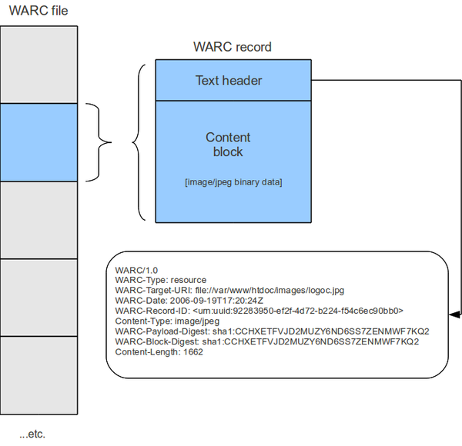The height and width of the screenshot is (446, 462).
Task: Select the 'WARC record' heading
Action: tap(232, 47)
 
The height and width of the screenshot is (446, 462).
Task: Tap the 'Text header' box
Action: tap(229, 80)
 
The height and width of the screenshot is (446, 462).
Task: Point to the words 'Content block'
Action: tap(228, 145)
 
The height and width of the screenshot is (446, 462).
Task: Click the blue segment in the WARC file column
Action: tap(38, 142)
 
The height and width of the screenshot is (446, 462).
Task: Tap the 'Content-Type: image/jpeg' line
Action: tap(167, 321)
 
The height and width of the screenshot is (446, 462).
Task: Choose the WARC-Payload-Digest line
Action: tap(272, 331)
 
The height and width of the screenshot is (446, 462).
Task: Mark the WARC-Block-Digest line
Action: tap(267, 341)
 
